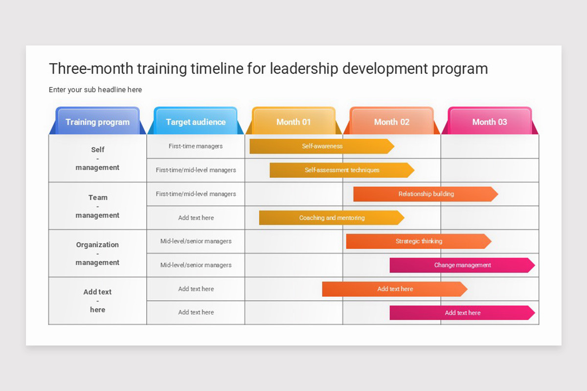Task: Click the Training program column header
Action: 98,122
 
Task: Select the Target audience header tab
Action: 196,122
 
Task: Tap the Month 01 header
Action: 293,122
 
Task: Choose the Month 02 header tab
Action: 391,122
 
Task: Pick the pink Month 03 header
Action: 490,122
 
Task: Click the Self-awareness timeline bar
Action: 321,146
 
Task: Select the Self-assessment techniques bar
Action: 341,170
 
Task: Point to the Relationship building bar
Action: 426,194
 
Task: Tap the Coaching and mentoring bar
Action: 331,218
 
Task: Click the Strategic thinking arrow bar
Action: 418,241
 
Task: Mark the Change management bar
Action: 462,265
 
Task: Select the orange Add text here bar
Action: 394,289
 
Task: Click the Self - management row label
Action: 97,158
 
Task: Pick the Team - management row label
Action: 97,206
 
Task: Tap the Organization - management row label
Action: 97,253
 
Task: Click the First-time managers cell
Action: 196,146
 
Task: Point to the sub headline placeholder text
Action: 95,90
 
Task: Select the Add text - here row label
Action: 97,301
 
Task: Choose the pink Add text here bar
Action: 462,313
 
